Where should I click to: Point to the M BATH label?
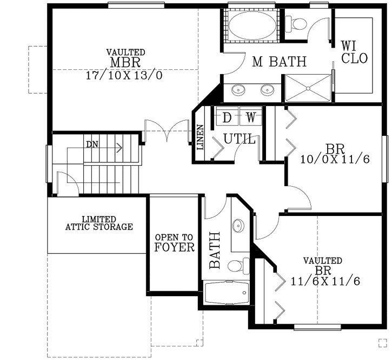coord(280,62)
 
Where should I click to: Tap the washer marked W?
coord(250,116)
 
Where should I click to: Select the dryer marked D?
coord(228,116)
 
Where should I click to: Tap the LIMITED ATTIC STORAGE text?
coord(98,222)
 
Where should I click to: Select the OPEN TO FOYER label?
coord(174,244)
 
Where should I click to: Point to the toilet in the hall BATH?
coord(236,266)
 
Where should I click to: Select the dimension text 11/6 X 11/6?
coord(325,282)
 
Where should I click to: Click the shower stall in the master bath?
coord(307,88)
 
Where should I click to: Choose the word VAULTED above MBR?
coord(125,52)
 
